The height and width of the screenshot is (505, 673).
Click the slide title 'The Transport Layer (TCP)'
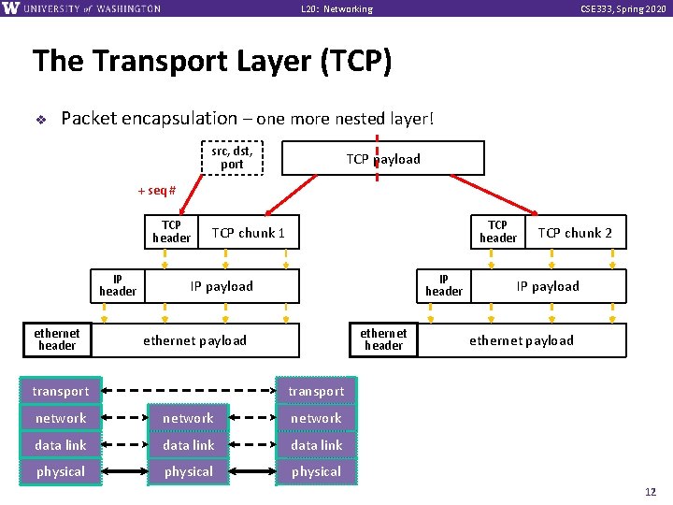click(211, 62)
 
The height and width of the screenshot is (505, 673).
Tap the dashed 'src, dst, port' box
click(232, 157)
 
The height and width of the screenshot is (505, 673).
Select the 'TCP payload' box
click(383, 159)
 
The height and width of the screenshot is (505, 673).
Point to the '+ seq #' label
click(157, 191)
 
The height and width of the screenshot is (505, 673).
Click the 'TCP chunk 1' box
click(249, 232)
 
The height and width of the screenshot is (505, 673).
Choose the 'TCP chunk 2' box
click(575, 232)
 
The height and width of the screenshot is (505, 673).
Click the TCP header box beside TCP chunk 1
click(171, 232)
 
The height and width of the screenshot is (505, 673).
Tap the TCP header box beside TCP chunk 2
click(497, 232)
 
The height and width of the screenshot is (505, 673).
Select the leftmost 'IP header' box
click(118, 286)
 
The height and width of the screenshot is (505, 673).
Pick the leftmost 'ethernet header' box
click(57, 339)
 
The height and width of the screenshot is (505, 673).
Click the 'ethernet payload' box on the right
click(522, 340)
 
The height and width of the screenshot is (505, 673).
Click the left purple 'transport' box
click(61, 391)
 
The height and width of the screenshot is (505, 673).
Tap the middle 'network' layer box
click(189, 418)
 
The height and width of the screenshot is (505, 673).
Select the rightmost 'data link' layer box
click(316, 445)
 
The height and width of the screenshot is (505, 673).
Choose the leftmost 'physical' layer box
click(61, 471)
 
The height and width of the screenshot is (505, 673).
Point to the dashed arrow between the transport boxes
click(182, 391)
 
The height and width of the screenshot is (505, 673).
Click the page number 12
click(651, 492)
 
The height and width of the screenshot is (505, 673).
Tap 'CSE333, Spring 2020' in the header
click(623, 9)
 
